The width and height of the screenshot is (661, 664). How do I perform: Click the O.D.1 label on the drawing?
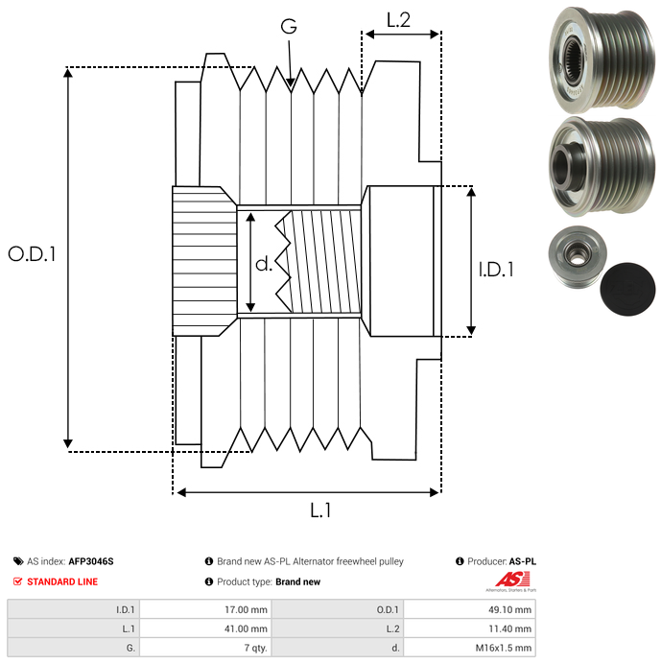click(32, 254)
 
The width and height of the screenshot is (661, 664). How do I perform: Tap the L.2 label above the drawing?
click(398, 20)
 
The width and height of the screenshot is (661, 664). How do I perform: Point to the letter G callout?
click(289, 26)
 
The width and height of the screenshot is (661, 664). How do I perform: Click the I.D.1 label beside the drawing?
click(496, 270)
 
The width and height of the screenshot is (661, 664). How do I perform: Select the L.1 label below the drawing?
click(320, 510)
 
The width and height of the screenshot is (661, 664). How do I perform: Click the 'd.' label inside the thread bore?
click(264, 264)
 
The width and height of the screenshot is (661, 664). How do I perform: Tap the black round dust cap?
click(627, 289)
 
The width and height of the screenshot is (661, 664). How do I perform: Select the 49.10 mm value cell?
click(469, 609)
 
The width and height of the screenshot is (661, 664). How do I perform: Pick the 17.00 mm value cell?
click(205, 609)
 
